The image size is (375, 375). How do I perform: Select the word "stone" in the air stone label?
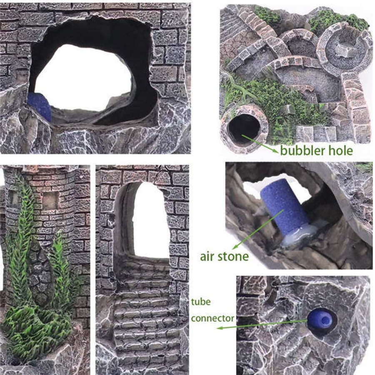(235, 255)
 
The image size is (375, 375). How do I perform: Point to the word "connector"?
(212, 318)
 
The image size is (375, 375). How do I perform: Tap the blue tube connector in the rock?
(322, 320)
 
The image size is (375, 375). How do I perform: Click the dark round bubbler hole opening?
(244, 127)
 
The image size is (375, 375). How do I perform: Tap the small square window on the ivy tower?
(49, 201)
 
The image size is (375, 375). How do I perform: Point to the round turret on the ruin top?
(344, 48)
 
